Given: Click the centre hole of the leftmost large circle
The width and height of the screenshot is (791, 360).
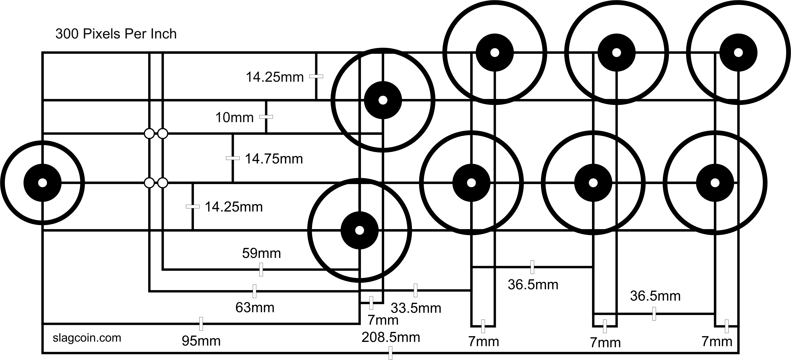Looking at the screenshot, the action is click(43, 183).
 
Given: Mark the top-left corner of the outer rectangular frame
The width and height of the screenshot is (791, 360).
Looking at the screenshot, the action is click(43, 53).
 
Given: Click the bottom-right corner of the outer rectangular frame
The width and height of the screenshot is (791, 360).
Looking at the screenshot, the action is click(738, 353).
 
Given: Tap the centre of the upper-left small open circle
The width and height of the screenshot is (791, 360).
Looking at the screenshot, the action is click(149, 133).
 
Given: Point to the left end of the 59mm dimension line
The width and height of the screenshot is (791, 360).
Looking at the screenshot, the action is click(163, 270).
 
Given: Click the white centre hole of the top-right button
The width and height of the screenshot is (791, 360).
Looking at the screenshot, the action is click(738, 53).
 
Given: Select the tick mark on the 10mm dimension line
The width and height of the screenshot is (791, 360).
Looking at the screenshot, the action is click(266, 117).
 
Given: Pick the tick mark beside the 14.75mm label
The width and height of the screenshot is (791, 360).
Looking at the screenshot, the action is click(233, 158).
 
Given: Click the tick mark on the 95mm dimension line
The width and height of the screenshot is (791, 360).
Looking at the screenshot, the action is click(201, 324).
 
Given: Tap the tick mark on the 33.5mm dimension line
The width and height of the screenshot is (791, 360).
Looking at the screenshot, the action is click(416, 290).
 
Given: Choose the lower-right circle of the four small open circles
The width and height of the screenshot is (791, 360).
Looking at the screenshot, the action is click(163, 183).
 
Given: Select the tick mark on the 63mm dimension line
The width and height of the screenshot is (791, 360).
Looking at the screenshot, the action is click(254, 291).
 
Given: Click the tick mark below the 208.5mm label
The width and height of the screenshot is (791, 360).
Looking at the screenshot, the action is click(391, 353).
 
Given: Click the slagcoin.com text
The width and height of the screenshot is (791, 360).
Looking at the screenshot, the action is click(87, 338).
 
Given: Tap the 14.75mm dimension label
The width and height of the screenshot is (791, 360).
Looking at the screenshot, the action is click(274, 159).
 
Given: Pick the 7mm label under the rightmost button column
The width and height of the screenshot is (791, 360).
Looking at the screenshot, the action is click(717, 341).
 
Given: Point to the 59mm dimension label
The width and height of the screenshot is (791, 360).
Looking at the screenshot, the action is click(261, 253).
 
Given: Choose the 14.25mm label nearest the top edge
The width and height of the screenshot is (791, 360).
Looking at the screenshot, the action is click(275, 77).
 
